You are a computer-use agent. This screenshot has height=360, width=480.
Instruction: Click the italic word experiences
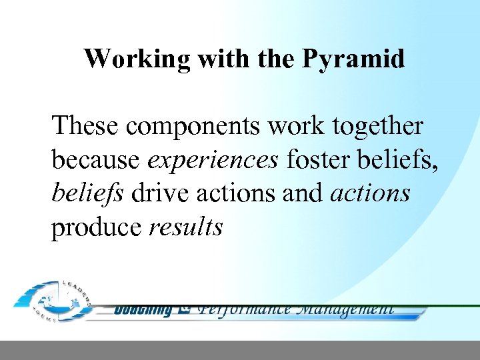point(213,161)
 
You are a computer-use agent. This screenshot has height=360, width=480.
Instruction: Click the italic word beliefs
point(87,193)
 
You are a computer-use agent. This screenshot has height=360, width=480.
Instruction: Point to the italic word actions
point(370,193)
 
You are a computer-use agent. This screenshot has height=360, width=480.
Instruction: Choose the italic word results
point(185,228)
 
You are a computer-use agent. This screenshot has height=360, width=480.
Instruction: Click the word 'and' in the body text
point(308,193)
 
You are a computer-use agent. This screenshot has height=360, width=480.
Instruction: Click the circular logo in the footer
point(54,300)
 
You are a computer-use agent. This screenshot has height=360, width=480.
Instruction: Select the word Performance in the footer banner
point(244,309)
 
